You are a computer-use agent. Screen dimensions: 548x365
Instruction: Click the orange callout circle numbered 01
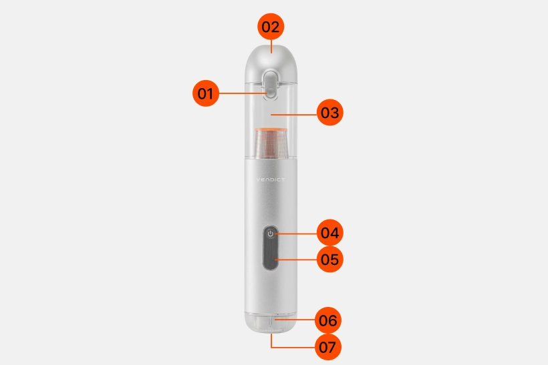click(206, 93)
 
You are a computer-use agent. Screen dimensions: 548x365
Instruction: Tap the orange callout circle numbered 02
click(271, 27)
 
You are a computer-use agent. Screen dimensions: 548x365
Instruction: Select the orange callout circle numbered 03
click(330, 112)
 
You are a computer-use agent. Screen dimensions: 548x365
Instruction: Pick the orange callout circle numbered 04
click(330, 232)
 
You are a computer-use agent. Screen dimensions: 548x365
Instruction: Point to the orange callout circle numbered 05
click(330, 259)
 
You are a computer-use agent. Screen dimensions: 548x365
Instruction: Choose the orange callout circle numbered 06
click(328, 320)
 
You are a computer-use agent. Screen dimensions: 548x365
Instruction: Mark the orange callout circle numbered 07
click(328, 347)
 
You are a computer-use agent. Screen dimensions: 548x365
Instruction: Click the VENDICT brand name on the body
click(271, 179)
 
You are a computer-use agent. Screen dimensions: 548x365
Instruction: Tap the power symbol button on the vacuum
click(271, 234)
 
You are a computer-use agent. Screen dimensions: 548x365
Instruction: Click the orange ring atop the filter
click(271, 130)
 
